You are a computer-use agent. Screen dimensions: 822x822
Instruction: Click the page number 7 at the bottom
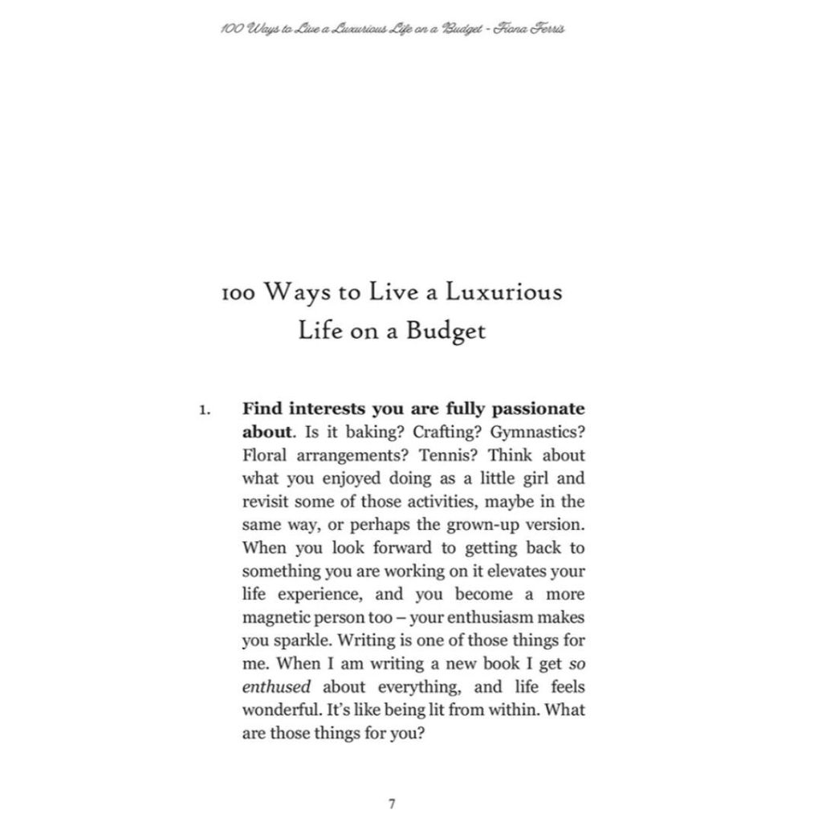click(x=391, y=803)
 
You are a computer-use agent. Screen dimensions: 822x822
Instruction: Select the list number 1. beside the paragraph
click(x=205, y=410)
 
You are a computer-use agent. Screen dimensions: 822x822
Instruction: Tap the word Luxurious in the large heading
click(x=504, y=291)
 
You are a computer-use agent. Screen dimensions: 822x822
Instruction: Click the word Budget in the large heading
click(x=446, y=331)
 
